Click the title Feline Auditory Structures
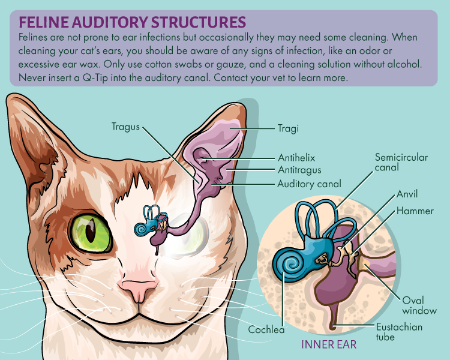[x=132, y=22]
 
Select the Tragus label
[x=125, y=127]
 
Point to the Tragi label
[x=288, y=128]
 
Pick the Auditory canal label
[x=308, y=184]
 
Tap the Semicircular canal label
[x=401, y=163]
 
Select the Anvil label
[x=407, y=195]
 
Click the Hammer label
[x=415, y=211]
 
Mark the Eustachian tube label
[x=399, y=332]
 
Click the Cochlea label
[x=266, y=329]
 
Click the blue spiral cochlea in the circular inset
[x=290, y=264]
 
